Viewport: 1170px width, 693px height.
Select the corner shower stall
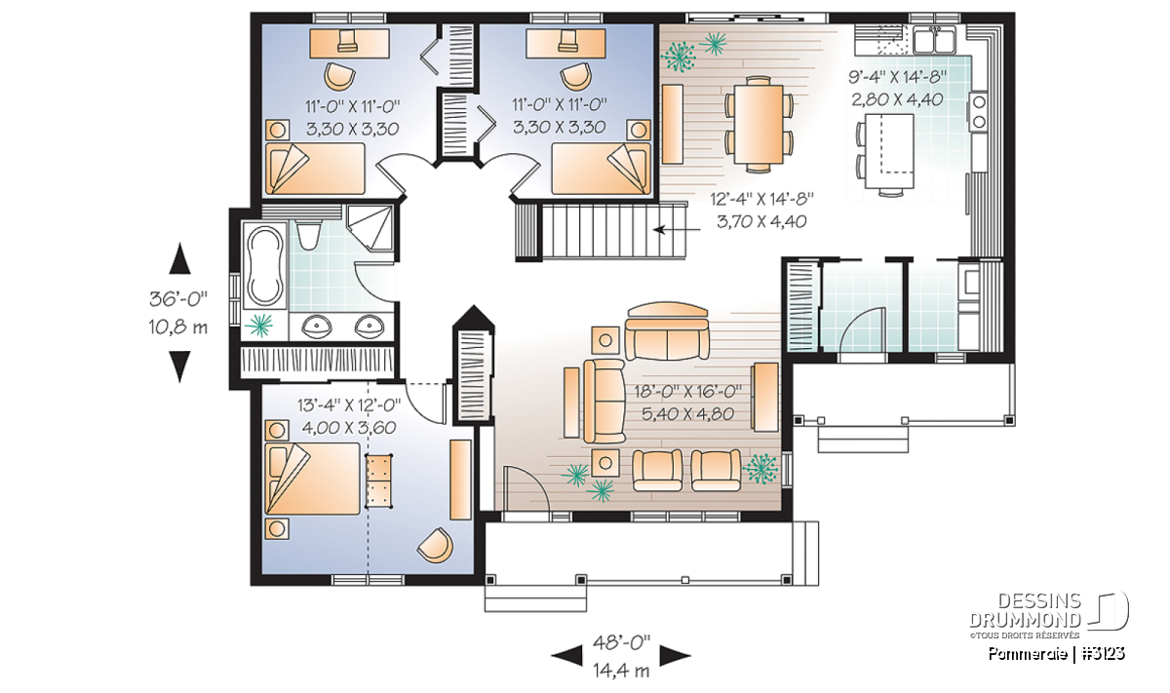point(370,228)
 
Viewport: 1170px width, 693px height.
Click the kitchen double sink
point(934,41)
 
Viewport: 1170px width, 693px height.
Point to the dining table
point(759,125)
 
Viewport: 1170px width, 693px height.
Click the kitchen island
point(889,151)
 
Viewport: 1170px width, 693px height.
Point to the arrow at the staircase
point(677,229)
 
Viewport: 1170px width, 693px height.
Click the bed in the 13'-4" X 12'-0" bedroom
point(312,479)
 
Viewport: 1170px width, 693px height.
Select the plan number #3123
point(1104,654)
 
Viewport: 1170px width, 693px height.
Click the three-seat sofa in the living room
point(668,331)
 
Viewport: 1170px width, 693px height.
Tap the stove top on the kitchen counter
point(978,111)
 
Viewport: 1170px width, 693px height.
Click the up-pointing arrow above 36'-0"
point(179,258)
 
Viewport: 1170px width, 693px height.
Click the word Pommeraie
point(1028,654)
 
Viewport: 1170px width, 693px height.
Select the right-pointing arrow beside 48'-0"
point(675,656)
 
